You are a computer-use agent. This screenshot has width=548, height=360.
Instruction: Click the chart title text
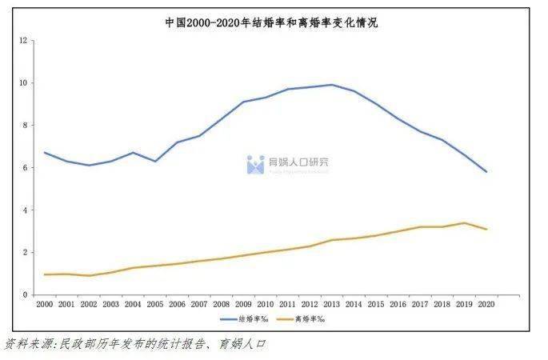tap(272, 23)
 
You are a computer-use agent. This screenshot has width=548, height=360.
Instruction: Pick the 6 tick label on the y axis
tap(25, 167)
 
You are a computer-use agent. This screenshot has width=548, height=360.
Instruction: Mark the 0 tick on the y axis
tap(25, 294)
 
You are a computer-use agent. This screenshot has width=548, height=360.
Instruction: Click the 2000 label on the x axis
tap(45, 304)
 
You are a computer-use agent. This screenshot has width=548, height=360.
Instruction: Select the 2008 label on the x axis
tap(221, 304)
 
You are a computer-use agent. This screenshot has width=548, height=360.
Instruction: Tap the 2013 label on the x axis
tap(331, 304)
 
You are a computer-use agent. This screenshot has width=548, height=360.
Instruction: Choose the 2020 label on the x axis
tap(486, 304)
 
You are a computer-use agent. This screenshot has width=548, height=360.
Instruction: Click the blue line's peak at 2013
tap(331, 85)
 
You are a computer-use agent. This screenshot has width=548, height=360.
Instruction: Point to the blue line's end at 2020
tap(486, 171)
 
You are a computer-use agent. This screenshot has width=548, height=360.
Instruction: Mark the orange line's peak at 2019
tap(464, 223)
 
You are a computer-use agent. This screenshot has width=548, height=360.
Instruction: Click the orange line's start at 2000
tap(46, 274)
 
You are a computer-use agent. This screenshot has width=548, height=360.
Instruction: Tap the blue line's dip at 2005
tap(155, 162)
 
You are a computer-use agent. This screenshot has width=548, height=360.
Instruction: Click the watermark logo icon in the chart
tap(255, 164)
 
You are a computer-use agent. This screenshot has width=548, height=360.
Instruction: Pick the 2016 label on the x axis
tap(398, 304)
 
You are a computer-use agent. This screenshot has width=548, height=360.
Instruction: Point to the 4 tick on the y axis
tap(25, 210)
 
